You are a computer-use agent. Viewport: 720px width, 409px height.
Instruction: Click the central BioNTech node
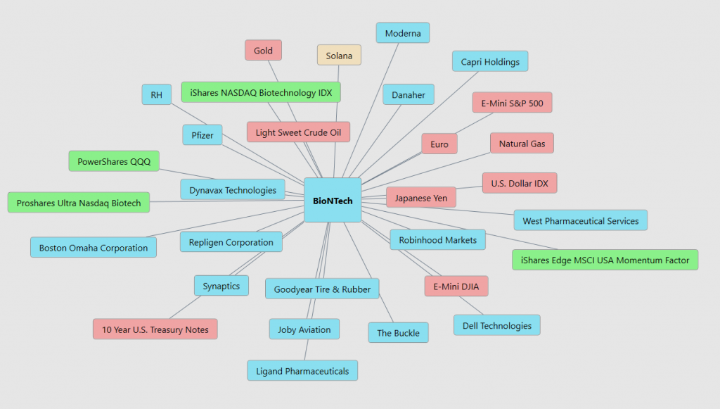point(333,200)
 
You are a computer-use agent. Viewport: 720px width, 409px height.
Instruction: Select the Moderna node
point(403,33)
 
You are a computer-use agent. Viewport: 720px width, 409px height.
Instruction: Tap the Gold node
point(263,51)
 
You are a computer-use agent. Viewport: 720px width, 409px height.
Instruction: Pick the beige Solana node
point(339,56)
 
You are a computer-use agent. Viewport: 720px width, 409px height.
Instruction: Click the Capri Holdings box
point(490,61)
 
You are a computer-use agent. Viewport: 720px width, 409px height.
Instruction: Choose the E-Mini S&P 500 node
point(512,103)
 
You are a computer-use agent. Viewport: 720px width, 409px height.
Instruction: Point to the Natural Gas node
point(522,144)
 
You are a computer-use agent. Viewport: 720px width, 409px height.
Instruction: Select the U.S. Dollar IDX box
point(520,183)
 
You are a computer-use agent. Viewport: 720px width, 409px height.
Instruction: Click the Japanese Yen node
point(421,197)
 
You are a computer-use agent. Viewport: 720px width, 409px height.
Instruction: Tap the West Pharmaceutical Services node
point(580,220)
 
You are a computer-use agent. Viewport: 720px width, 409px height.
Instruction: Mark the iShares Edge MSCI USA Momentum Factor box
point(605,260)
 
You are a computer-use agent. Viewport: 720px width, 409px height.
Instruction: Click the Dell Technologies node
point(497,325)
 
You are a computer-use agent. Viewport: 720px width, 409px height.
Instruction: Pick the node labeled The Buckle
point(398,333)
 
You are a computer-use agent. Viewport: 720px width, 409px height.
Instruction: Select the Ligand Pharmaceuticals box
point(302,371)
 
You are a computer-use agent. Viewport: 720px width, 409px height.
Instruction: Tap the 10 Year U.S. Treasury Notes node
point(155,329)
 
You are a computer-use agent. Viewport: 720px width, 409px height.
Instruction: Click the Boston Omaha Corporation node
point(94,247)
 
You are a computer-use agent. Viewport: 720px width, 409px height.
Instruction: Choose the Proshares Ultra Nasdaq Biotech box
point(79,203)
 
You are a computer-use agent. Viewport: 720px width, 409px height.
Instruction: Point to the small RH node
point(156,94)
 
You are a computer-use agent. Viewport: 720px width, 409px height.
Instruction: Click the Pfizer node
point(202,134)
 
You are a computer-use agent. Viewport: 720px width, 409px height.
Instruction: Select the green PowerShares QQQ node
point(114,161)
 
